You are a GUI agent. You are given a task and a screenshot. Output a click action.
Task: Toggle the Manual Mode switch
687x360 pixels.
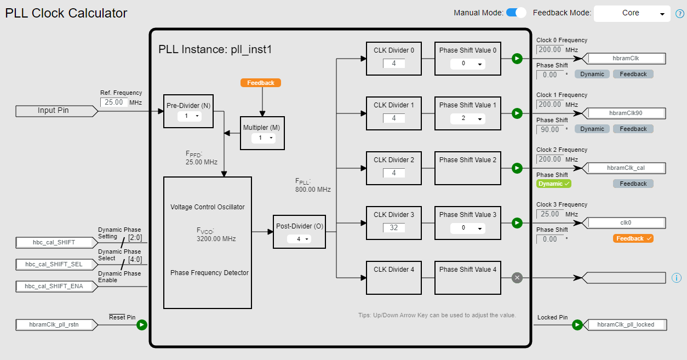pos(516,13)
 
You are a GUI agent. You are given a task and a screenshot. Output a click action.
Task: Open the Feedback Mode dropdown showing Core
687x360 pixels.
pos(632,13)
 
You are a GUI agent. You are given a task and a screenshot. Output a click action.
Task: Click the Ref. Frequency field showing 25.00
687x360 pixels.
pos(114,102)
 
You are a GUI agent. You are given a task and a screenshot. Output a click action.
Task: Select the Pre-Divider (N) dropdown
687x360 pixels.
pos(189,117)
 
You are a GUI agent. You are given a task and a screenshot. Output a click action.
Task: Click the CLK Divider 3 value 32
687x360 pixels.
pos(394,227)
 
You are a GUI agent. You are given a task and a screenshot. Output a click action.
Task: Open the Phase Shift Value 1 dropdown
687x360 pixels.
pos(467,118)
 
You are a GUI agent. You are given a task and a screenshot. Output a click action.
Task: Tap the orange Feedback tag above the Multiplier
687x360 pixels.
pos(261,83)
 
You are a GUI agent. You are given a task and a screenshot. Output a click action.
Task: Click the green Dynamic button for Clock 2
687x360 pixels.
pos(554,184)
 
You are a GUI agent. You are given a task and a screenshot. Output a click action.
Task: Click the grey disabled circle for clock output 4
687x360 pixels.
pos(517,278)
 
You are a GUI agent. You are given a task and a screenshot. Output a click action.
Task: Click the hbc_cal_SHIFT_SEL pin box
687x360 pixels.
pos(54,264)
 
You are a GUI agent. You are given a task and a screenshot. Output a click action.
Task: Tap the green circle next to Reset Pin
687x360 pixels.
pos(142,325)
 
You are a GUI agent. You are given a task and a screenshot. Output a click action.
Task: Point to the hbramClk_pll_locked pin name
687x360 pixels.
pos(626,324)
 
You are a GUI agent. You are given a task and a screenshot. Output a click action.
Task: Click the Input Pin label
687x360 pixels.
pos(54,111)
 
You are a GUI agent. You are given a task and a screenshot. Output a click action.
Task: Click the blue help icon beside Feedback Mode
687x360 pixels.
pos(679,14)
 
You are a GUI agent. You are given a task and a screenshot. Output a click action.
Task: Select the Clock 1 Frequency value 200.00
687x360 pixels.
pos(549,104)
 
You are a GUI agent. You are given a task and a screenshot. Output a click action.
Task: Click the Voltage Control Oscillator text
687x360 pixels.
pos(208,207)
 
